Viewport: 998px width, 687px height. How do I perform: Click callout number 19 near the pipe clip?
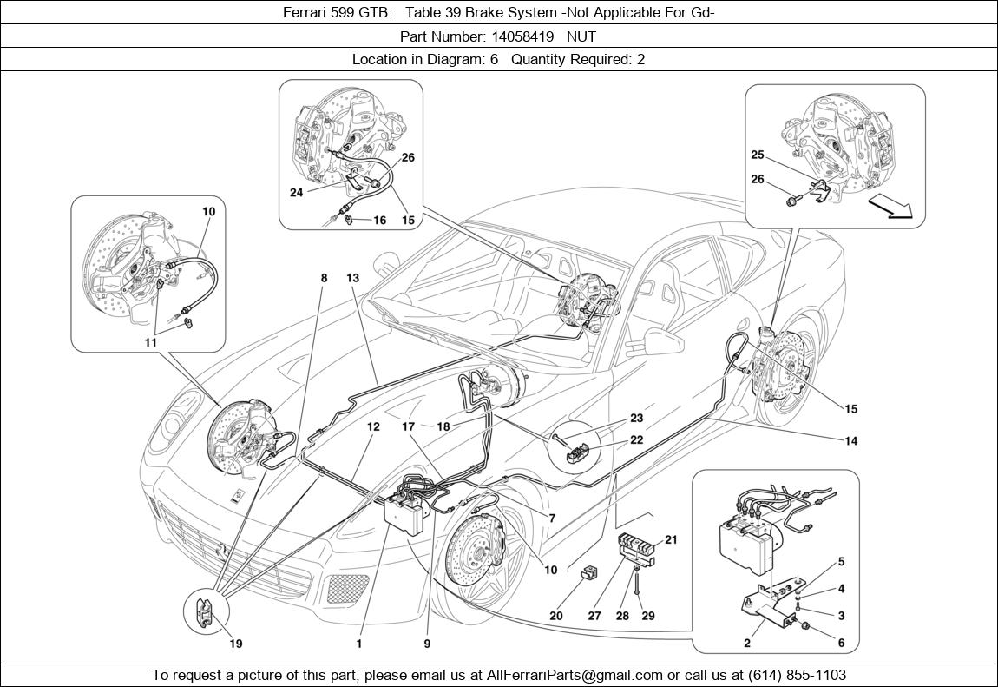(236, 644)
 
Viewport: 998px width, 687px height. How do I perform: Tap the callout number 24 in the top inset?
(296, 193)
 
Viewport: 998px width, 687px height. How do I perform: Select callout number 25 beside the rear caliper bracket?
(758, 155)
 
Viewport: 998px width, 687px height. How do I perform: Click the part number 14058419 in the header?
(518, 36)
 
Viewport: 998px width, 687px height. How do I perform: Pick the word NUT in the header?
(583, 36)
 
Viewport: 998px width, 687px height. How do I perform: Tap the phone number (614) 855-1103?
(792, 675)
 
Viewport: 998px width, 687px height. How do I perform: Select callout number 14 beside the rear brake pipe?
(851, 441)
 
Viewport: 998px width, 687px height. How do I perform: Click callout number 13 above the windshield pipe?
(352, 278)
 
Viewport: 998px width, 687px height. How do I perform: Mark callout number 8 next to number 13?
(324, 278)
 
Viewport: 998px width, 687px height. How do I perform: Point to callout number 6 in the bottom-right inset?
(841, 643)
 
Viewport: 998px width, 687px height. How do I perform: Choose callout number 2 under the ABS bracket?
(747, 644)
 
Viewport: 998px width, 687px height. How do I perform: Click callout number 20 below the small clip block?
(556, 616)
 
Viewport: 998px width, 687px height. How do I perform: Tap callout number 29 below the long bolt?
(649, 616)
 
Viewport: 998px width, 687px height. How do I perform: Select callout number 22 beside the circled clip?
(636, 440)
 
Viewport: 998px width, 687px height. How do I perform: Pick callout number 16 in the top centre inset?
(379, 221)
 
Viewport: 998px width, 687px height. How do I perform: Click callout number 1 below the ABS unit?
(358, 644)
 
